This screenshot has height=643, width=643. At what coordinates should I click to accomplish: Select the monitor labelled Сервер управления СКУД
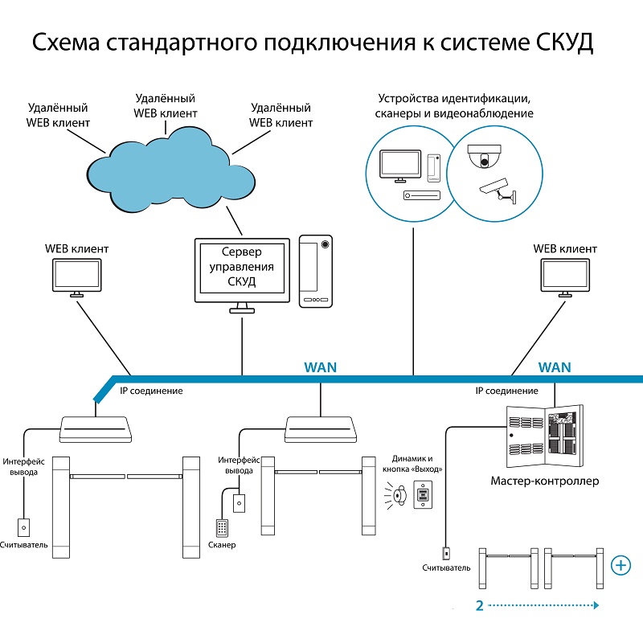[242, 270]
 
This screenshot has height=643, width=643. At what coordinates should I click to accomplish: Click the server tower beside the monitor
[316, 271]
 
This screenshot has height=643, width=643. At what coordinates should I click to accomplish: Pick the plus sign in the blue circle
[620, 565]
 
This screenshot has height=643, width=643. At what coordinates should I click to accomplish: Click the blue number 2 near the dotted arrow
[479, 605]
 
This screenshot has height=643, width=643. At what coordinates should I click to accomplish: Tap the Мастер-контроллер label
[544, 481]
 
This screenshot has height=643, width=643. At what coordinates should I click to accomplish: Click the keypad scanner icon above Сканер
[222, 527]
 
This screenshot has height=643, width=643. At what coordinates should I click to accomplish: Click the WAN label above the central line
[321, 367]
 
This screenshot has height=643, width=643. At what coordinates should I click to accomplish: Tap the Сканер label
[221, 546]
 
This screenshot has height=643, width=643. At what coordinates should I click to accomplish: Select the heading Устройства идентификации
[453, 98]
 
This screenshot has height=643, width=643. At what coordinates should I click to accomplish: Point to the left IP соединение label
[151, 391]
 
